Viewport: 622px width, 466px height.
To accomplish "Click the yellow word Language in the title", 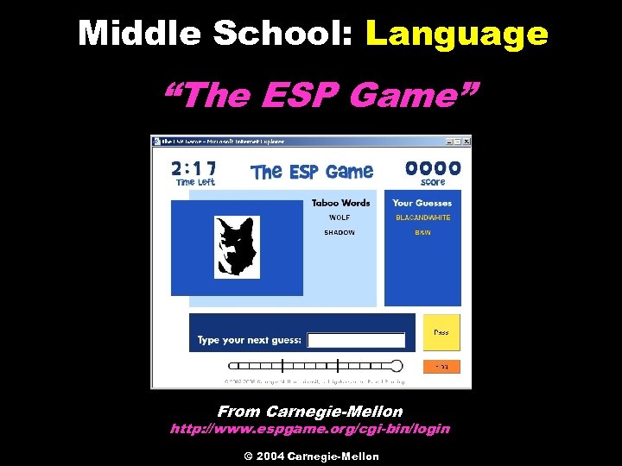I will (457, 34).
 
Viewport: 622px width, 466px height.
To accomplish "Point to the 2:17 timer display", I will (194, 167).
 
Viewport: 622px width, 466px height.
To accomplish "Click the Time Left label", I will (194, 182).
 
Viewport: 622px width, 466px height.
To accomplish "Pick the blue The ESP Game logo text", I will (312, 172).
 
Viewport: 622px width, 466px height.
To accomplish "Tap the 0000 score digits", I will (433, 167).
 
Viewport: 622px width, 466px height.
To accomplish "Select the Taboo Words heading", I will (340, 203).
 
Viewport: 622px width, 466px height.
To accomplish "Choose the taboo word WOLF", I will (340, 217).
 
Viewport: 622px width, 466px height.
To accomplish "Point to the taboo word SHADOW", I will (340, 232).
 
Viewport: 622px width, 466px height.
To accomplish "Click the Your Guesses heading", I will (422, 203).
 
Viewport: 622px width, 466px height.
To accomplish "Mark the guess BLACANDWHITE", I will (422, 217).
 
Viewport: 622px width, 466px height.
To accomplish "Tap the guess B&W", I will (422, 232).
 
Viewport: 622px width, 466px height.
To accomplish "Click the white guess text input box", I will (356, 340).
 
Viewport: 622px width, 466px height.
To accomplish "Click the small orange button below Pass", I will (441, 367).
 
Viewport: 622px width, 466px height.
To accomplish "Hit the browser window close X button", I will (467, 141).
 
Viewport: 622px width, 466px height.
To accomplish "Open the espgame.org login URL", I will (310, 429).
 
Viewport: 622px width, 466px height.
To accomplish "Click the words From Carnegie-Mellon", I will (310, 412).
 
